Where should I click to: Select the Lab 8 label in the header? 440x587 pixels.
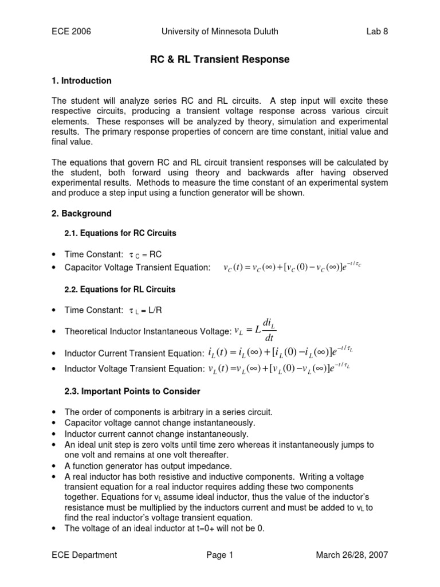377,32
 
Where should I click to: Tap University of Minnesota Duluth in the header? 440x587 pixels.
219,32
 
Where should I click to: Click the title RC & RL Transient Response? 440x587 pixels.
219,60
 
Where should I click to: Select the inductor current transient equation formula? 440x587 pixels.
278,353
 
